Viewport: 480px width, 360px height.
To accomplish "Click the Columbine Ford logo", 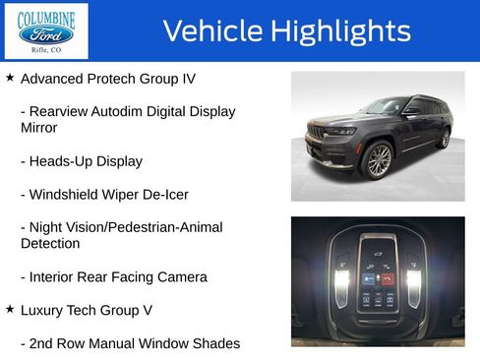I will [46, 30].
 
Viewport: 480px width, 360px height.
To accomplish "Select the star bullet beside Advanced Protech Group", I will [10, 76].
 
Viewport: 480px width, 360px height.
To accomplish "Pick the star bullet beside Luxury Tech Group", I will [10, 309].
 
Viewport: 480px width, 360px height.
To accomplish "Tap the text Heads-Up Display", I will [82, 160].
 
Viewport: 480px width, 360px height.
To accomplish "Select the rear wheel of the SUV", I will [444, 139].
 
